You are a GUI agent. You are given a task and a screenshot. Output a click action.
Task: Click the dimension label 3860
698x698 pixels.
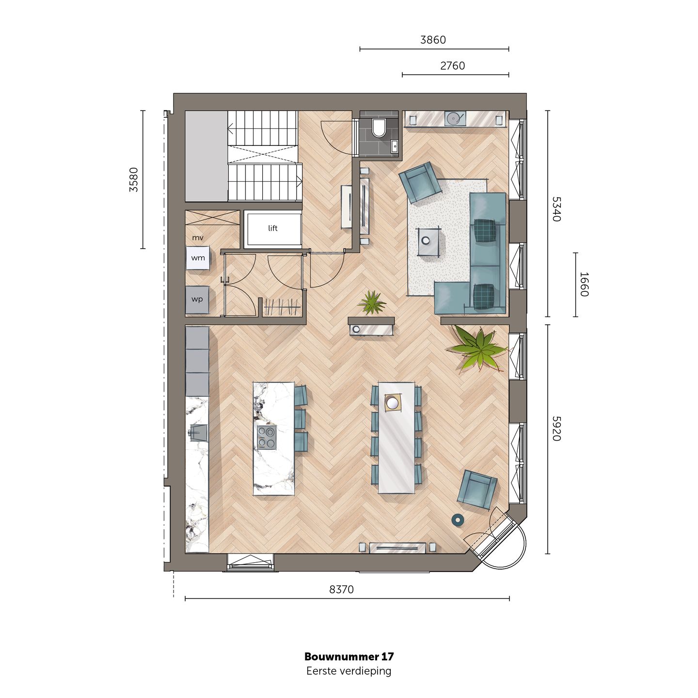pos(433,40)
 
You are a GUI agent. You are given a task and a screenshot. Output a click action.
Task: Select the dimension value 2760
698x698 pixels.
pos(452,66)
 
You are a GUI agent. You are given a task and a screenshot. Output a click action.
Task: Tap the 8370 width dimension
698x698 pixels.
pos(342,589)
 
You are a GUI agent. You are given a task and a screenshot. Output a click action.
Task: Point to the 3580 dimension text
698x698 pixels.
pos(134,179)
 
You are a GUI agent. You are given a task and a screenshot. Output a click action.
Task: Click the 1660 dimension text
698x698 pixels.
pos(584,284)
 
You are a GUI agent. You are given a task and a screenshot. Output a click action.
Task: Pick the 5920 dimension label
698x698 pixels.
pos(556,428)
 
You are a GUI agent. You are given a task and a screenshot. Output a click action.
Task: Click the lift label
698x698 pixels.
pos(272,228)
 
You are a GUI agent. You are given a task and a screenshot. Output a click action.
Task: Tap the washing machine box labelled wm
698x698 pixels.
pos(198,258)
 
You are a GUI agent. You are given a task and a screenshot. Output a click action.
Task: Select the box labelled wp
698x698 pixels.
pos(197,300)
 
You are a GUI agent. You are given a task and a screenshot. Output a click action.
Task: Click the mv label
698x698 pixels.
pos(198,238)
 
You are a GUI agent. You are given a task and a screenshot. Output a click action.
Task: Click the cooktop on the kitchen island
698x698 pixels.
pos(267,437)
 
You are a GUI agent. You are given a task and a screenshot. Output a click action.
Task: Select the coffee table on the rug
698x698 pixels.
pos(428,241)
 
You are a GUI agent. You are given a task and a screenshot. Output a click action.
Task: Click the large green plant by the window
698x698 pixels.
pos(477,348)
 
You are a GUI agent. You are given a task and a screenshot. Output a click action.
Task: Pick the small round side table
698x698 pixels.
pos(458,520)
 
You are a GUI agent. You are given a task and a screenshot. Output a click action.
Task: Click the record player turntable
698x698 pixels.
pos(455,118)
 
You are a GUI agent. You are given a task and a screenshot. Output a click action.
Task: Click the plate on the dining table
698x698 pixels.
pos(393,402)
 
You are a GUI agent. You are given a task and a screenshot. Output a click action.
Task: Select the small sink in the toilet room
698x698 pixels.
pos(394,145)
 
